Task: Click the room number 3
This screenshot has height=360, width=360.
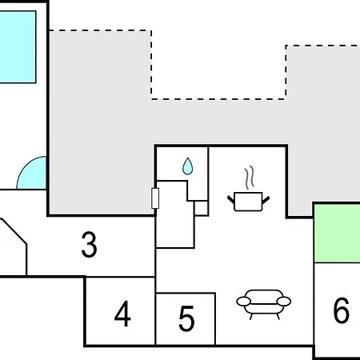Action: click(89, 245)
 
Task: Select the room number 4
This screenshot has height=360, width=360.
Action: click(122, 314)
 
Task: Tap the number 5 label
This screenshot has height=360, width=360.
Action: click(186, 318)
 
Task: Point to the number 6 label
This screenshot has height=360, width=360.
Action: click(341, 310)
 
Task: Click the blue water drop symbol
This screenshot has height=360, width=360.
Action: click(188, 166)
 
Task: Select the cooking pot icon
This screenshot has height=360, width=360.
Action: click(248, 202)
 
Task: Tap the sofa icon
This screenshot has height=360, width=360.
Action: click(263, 304)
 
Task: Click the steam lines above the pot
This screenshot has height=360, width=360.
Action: click(250, 177)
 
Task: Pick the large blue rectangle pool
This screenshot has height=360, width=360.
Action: click(18, 47)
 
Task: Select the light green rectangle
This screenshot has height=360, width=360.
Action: click(338, 233)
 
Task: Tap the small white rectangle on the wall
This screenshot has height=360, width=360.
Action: click(155, 198)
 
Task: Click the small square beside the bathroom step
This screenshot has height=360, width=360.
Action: click(201, 208)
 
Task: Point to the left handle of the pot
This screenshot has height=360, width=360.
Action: click(230, 200)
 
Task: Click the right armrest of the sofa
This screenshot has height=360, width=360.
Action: click(284, 302)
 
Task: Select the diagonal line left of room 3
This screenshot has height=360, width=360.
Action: click(14, 231)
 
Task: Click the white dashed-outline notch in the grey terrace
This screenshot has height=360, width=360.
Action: click(218, 65)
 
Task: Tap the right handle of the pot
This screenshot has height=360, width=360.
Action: click(266, 200)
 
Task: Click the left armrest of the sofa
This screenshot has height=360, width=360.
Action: click(243, 302)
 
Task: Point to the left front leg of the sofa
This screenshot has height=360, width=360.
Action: click(251, 317)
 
